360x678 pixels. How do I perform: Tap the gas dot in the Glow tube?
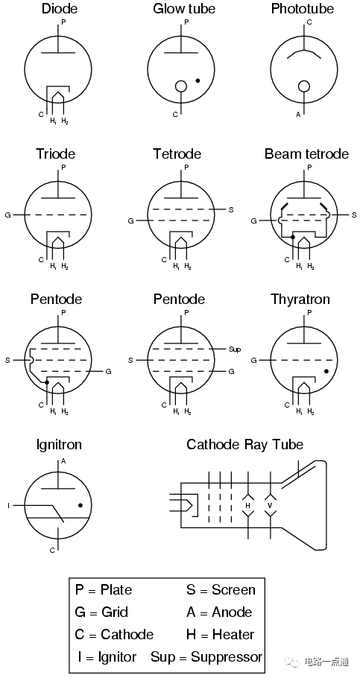click(x=198, y=80)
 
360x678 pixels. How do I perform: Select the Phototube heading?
click(x=303, y=8)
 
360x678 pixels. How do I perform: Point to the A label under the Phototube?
click(x=298, y=115)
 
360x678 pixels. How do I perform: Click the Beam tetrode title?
click(x=306, y=153)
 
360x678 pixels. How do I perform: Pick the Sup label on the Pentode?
click(x=235, y=349)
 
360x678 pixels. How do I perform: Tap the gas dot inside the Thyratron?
click(x=326, y=372)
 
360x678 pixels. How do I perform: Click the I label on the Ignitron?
click(x=8, y=505)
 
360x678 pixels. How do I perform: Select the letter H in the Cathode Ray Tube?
click(x=248, y=505)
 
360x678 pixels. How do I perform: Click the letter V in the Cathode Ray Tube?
click(x=271, y=505)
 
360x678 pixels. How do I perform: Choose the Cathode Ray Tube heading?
click(x=245, y=445)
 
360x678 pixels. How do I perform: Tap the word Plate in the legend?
click(x=116, y=590)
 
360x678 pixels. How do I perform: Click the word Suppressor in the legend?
click(x=227, y=658)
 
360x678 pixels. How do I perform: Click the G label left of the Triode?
click(x=7, y=215)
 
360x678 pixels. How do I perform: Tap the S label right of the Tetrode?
click(x=231, y=209)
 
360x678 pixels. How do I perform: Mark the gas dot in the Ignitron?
click(x=80, y=505)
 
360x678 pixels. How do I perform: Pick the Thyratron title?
click(x=300, y=300)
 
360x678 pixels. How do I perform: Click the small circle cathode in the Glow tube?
click(x=181, y=86)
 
